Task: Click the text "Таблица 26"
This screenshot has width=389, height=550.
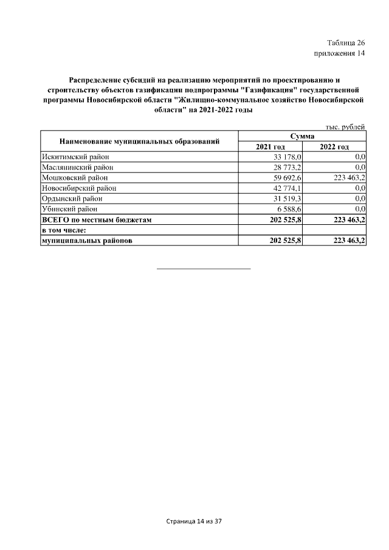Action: [346, 43]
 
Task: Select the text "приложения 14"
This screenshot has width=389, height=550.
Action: [339, 53]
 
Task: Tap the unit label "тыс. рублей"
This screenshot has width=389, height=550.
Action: [345, 127]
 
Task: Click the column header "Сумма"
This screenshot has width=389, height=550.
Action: [302, 137]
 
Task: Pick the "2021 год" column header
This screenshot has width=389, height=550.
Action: [270, 146]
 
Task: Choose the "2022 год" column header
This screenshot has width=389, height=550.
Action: [334, 146]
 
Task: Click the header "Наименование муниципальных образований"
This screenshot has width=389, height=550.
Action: [139, 142]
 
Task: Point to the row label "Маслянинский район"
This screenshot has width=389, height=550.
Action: [77, 167]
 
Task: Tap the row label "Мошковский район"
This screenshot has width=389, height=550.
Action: [74, 177]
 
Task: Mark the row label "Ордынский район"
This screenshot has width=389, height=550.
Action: [71, 198]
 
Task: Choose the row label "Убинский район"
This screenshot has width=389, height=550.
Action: [69, 208]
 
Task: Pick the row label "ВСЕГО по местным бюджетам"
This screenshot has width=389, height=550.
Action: [95, 219]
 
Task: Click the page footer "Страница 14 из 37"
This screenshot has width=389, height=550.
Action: [194, 521]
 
